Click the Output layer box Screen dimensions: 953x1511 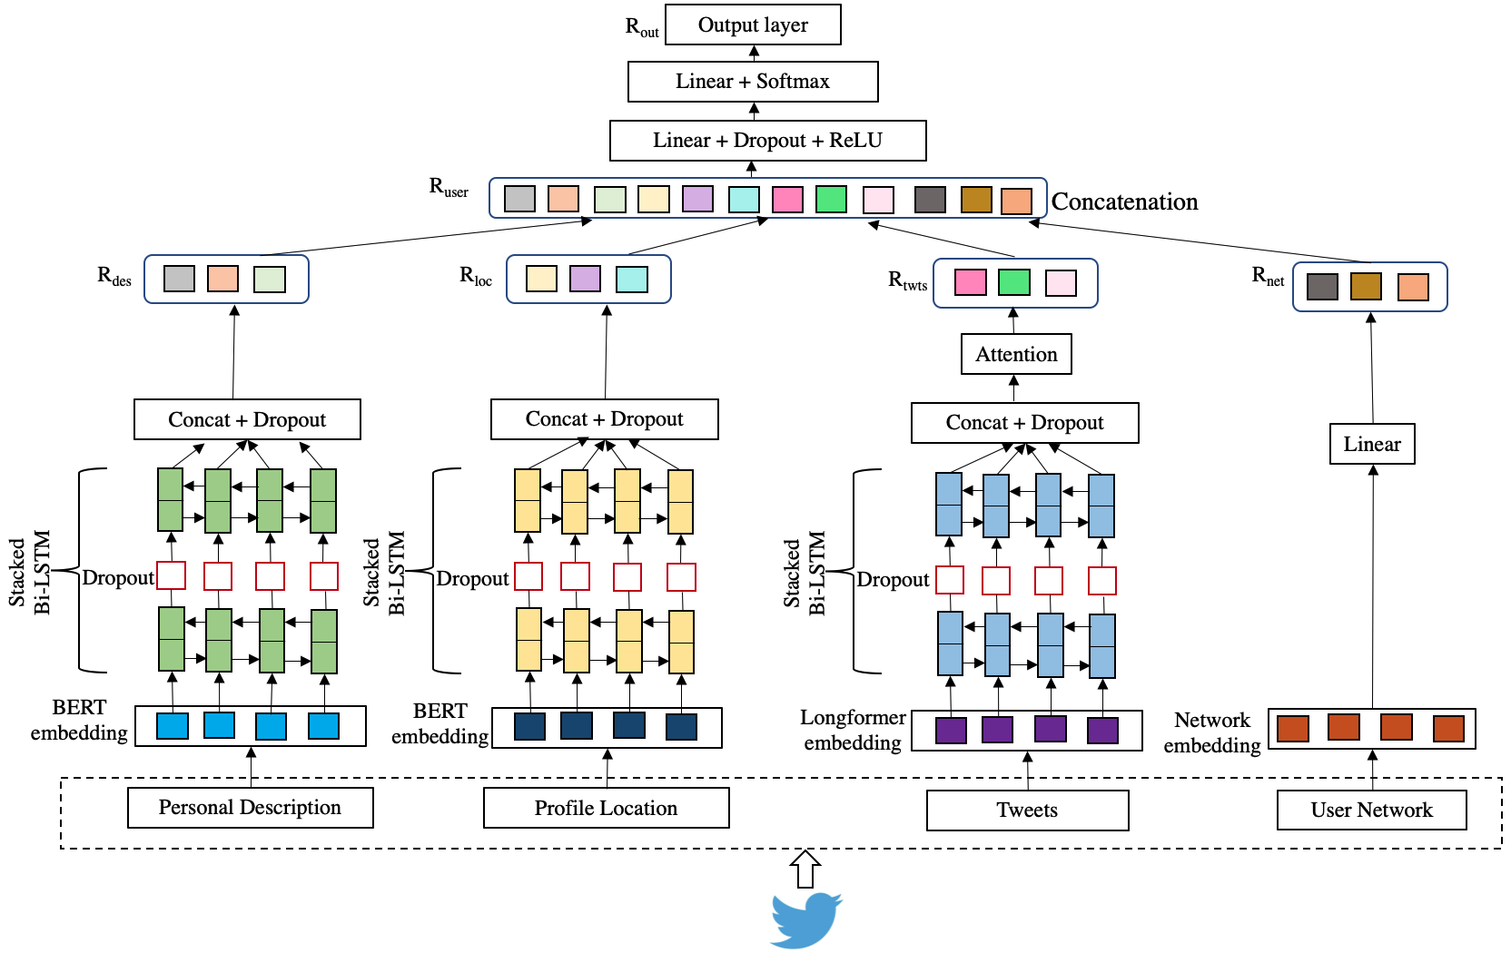pyautogui.click(x=753, y=25)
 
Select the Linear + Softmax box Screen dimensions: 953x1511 pyautogui.click(x=753, y=82)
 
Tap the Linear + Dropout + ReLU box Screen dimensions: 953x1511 pyautogui.click(x=767, y=141)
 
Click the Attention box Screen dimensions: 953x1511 pyautogui.click(x=1016, y=354)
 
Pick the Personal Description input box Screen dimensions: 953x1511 pyautogui.click(x=250, y=808)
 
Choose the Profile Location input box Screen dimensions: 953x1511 pyautogui.click(x=606, y=808)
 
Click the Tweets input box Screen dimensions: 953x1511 pyautogui.click(x=1027, y=810)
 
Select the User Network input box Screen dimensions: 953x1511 pyautogui.click(x=1371, y=810)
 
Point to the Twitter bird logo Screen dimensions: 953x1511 pyautogui.click(x=805, y=919)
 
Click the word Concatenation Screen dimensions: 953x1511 pyautogui.click(x=1124, y=201)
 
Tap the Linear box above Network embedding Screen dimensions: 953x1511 pyautogui.click(x=1372, y=444)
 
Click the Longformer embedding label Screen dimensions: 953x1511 pyautogui.click(x=853, y=731)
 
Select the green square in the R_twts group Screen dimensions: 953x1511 pyautogui.click(x=1013, y=282)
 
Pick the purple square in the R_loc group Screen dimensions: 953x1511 pyautogui.click(x=585, y=279)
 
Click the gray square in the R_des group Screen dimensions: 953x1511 pyautogui.click(x=179, y=279)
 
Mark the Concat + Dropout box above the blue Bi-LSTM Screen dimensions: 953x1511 pyautogui.click(x=1024, y=423)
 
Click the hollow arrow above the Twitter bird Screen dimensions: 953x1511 pyautogui.click(x=805, y=869)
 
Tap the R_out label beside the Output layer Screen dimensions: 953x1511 pyautogui.click(x=642, y=27)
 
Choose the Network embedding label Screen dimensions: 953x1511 pyautogui.click(x=1212, y=732)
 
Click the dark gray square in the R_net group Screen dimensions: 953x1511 pyautogui.click(x=1322, y=287)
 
